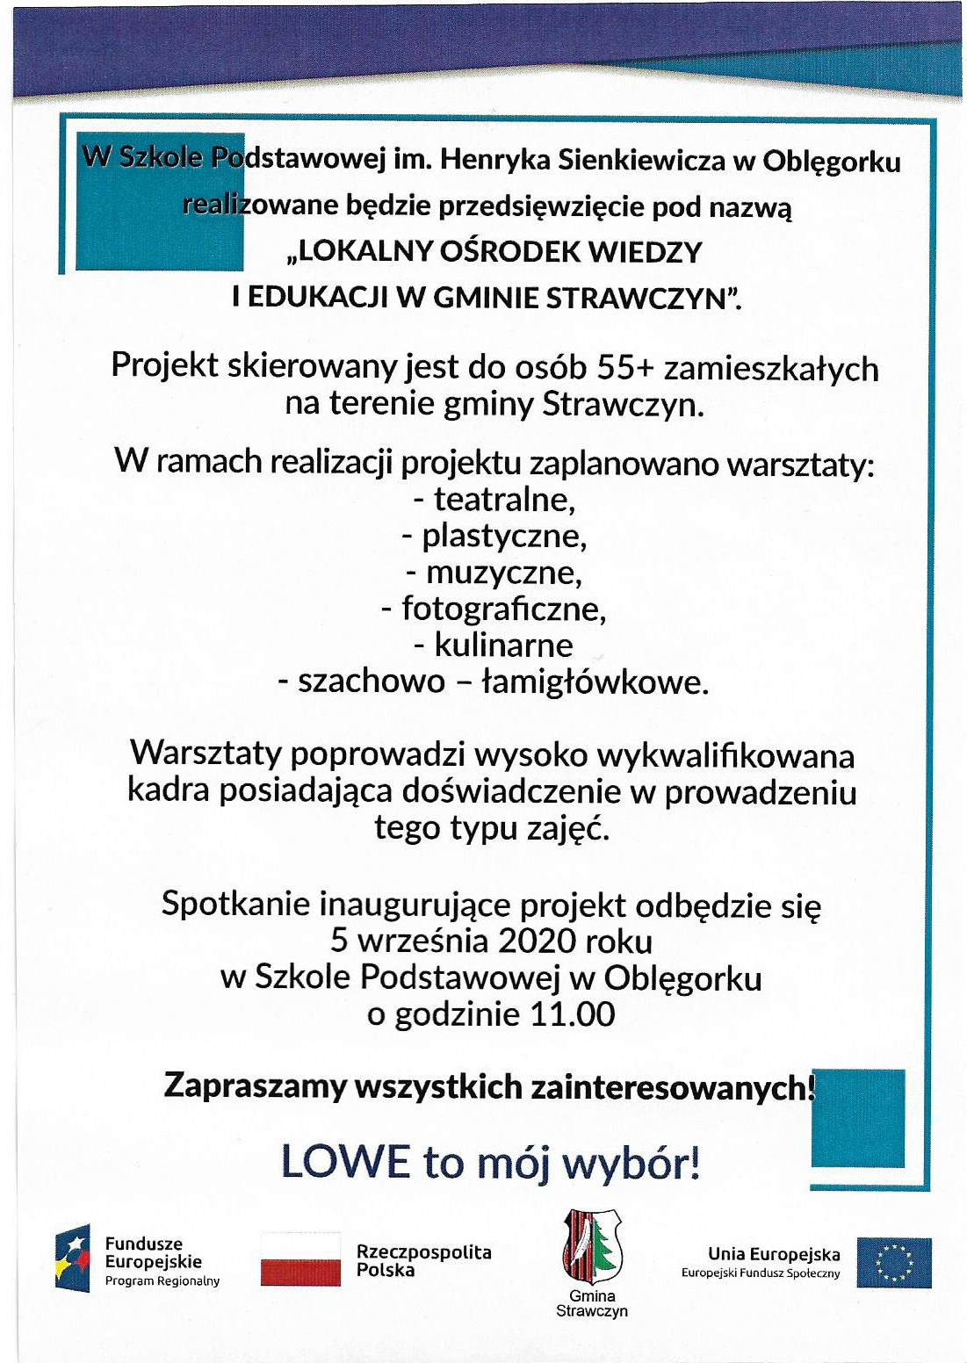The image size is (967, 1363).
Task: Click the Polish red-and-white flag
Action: [x=300, y=1259]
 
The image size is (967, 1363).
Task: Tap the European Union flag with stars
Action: [x=894, y=1262]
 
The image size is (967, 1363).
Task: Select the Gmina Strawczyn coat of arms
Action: [x=591, y=1246]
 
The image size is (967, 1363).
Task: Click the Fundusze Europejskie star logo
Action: [x=73, y=1258]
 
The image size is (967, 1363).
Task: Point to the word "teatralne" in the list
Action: [x=504, y=500]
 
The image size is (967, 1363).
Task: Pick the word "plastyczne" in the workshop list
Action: [x=504, y=536]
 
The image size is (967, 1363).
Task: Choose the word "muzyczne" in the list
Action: [x=504, y=573]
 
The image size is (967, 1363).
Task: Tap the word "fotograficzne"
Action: [x=504, y=608]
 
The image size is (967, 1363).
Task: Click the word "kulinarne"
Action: [x=504, y=645]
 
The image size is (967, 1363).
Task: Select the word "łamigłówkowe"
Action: [x=596, y=681]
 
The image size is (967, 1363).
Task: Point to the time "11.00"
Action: [x=573, y=1014]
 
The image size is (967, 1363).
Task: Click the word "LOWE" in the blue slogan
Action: [x=345, y=1162]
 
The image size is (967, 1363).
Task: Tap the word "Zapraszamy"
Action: [x=255, y=1087]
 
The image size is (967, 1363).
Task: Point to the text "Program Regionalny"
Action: [x=162, y=1281]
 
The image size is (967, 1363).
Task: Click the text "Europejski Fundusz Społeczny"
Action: [x=761, y=1273]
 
